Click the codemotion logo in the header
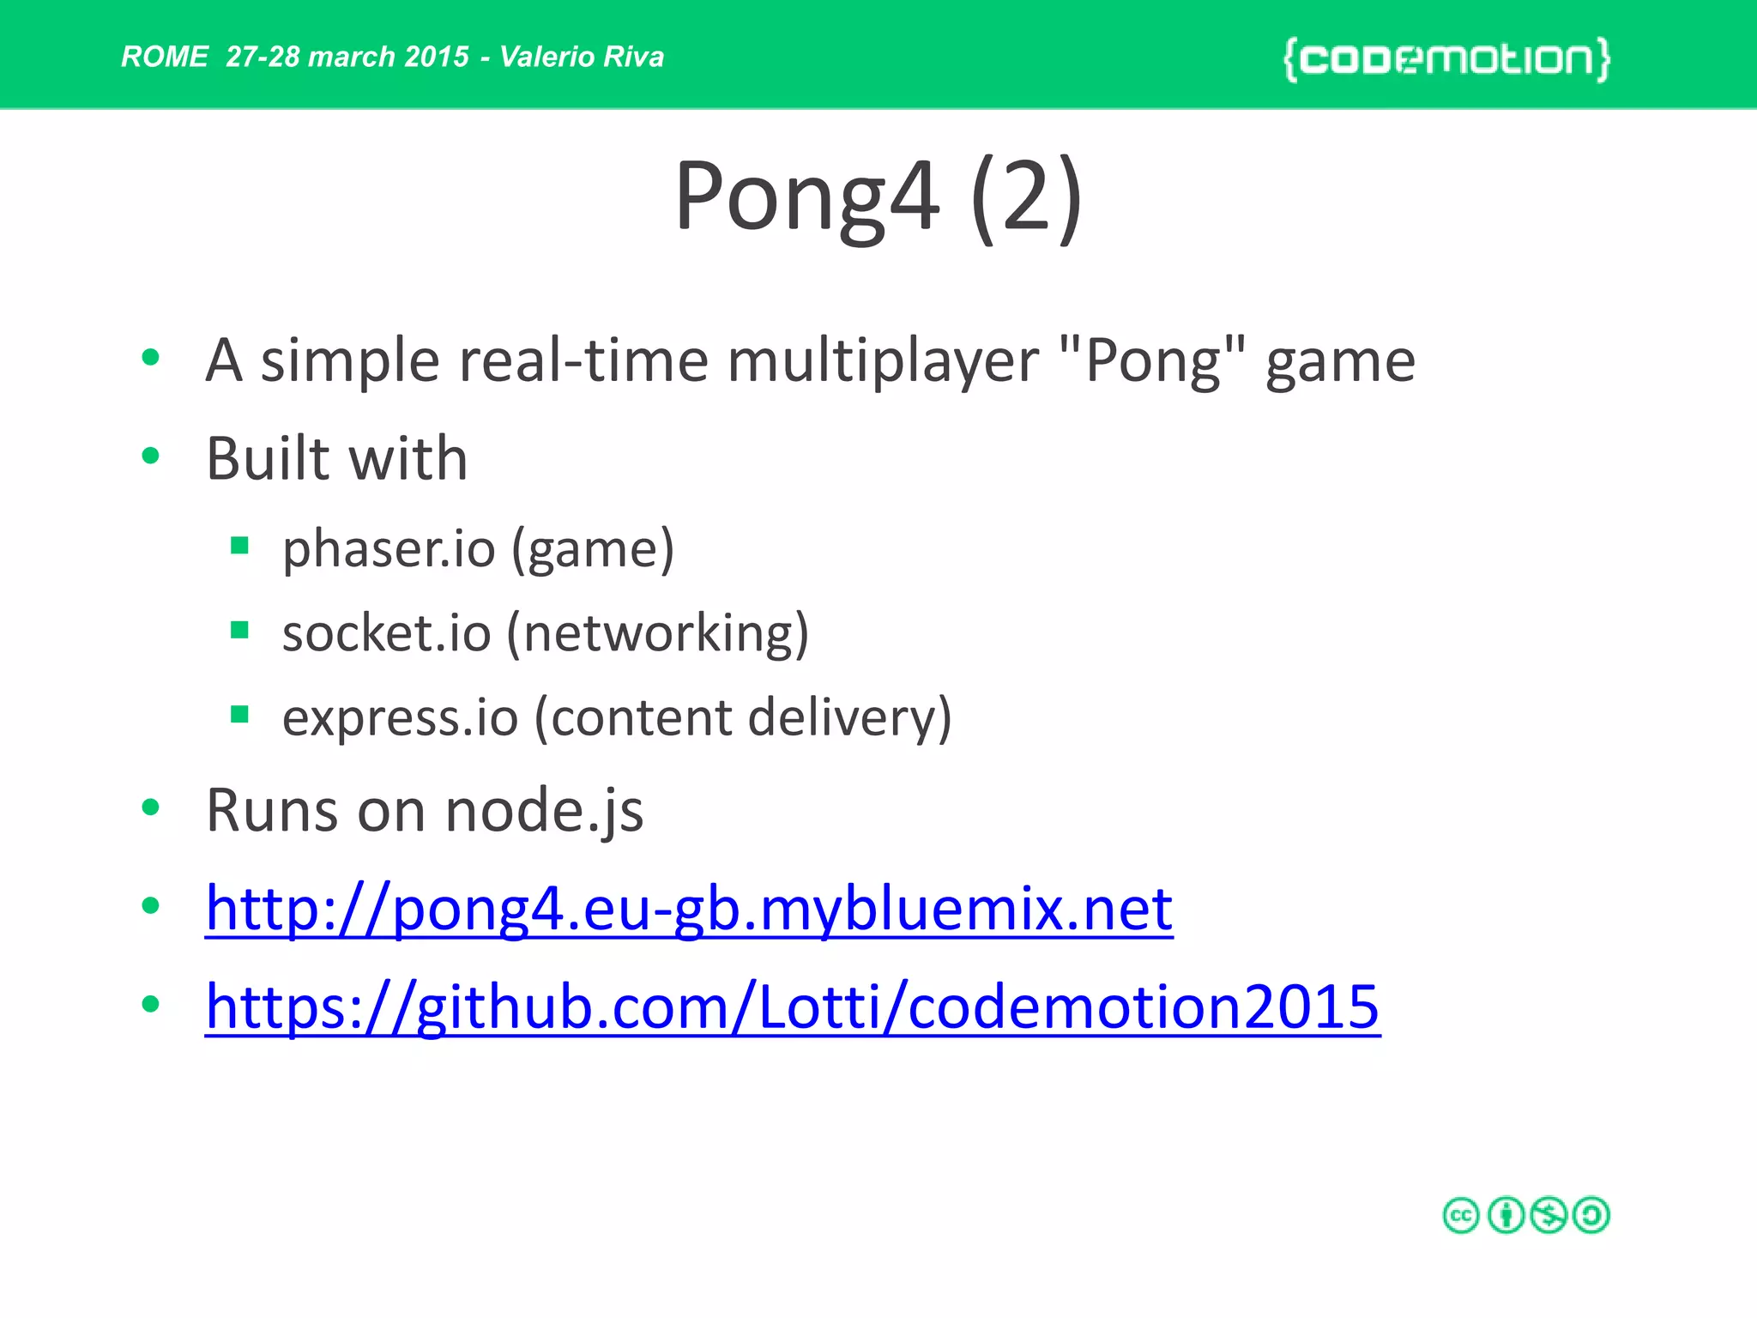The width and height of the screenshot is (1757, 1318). point(1446,59)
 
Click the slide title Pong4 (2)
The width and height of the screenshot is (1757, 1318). point(878,196)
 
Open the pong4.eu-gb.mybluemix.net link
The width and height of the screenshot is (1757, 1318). point(689,909)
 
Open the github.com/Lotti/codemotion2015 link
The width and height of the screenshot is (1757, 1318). point(793,1007)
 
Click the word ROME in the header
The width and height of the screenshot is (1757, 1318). point(164,57)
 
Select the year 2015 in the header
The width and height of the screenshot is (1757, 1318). point(437,57)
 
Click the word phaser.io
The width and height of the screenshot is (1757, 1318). point(389,549)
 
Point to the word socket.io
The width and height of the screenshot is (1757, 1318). point(386,633)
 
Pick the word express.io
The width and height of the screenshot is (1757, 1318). point(400,717)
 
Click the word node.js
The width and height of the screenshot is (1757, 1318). point(544,811)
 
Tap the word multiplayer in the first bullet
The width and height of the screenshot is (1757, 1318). point(883,360)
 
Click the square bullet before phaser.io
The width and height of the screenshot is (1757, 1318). point(239,546)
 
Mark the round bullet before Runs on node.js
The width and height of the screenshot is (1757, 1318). point(151,807)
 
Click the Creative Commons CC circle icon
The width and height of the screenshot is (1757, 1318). point(1461,1215)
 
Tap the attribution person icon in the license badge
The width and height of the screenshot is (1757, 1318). point(1505,1215)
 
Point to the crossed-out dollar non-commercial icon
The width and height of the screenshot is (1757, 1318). point(1549,1215)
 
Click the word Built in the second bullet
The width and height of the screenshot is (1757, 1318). point(269,458)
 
